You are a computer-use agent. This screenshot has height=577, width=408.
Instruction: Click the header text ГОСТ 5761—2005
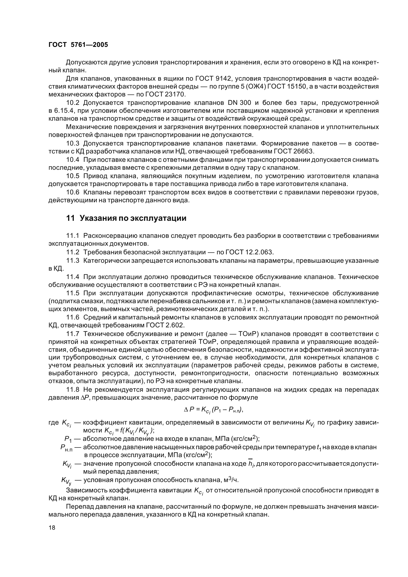click(x=78, y=45)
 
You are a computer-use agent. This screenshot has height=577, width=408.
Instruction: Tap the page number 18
click(x=52, y=527)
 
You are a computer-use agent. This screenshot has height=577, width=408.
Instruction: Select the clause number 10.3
click(x=73, y=144)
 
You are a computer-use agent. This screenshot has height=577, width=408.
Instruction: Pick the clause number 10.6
click(x=73, y=192)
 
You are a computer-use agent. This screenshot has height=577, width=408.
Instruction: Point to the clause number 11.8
click(x=73, y=390)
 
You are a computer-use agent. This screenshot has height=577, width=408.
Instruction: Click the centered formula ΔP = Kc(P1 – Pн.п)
click(x=214, y=410)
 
